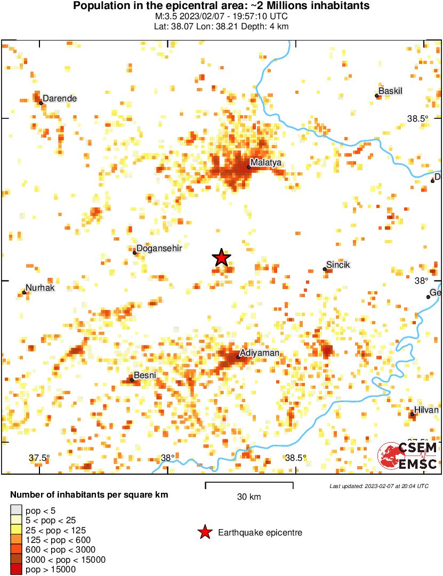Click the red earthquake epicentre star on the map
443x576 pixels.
point(221,258)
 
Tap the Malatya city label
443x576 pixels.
point(267,162)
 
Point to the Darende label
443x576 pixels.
point(60,98)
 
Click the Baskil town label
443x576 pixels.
point(390,91)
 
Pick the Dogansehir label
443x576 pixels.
point(159,248)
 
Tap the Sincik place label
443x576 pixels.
point(338,265)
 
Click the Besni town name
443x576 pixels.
point(144,375)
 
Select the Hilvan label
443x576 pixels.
point(426,410)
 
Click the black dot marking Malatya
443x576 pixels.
point(248,167)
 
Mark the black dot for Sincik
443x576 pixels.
point(325,269)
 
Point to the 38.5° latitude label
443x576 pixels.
point(417,118)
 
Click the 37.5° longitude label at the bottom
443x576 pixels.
point(39,458)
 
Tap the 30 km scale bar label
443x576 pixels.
point(249,497)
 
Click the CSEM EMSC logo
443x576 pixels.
point(408,456)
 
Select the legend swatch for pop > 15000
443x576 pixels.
point(17,570)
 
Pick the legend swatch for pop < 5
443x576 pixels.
point(17,510)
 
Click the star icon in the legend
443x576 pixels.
point(204,532)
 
